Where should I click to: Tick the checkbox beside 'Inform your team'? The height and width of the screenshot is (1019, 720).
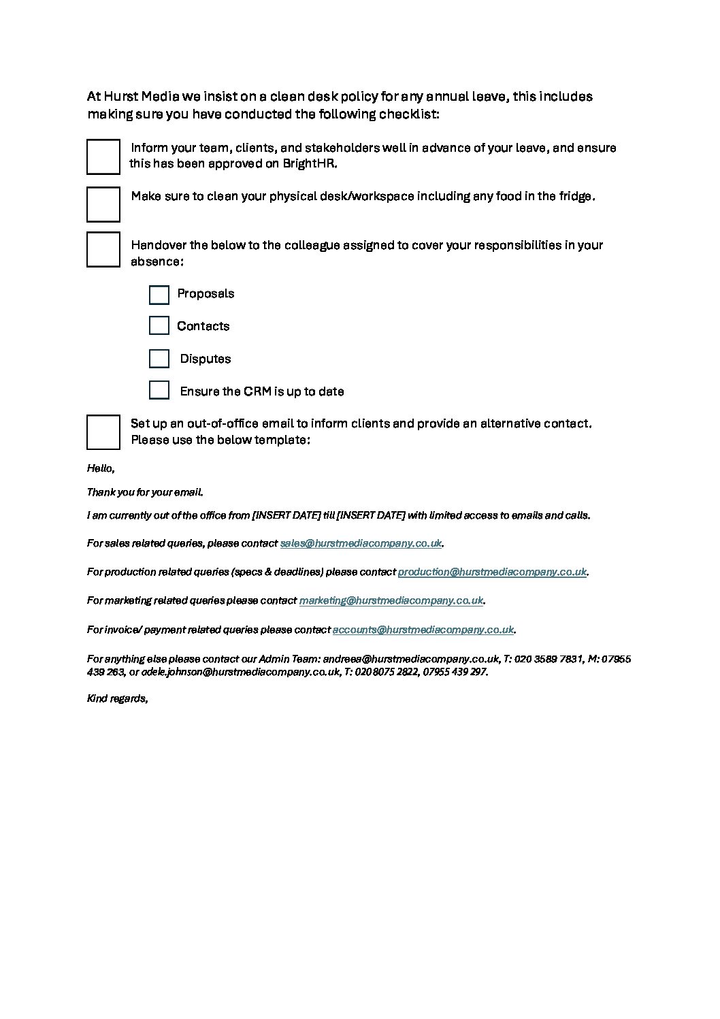103,157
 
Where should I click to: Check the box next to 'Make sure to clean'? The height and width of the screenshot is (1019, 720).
103,204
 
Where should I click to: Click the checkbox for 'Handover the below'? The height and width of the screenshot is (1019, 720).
103,249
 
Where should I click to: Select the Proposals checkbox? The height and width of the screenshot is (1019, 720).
159,295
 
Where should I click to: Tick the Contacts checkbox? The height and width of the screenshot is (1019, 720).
159,325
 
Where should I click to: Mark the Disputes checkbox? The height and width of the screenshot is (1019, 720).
159,359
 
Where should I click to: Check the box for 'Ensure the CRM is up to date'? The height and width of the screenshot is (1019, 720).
159,390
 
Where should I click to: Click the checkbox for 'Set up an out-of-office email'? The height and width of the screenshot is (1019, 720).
103,432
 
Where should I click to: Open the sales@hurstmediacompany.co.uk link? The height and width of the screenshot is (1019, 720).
361,543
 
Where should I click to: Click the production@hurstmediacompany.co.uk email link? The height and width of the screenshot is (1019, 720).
491,572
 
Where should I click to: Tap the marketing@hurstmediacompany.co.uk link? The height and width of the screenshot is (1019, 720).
391,600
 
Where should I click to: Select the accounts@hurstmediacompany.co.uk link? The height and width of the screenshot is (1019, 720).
423,630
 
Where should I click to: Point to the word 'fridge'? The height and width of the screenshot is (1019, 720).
576,197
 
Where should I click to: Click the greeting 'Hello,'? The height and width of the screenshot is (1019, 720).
101,468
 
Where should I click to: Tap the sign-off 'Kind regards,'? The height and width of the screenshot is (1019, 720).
117,698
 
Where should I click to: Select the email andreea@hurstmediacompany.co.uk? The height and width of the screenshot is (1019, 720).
411,659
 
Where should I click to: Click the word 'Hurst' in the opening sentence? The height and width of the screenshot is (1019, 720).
120,97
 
